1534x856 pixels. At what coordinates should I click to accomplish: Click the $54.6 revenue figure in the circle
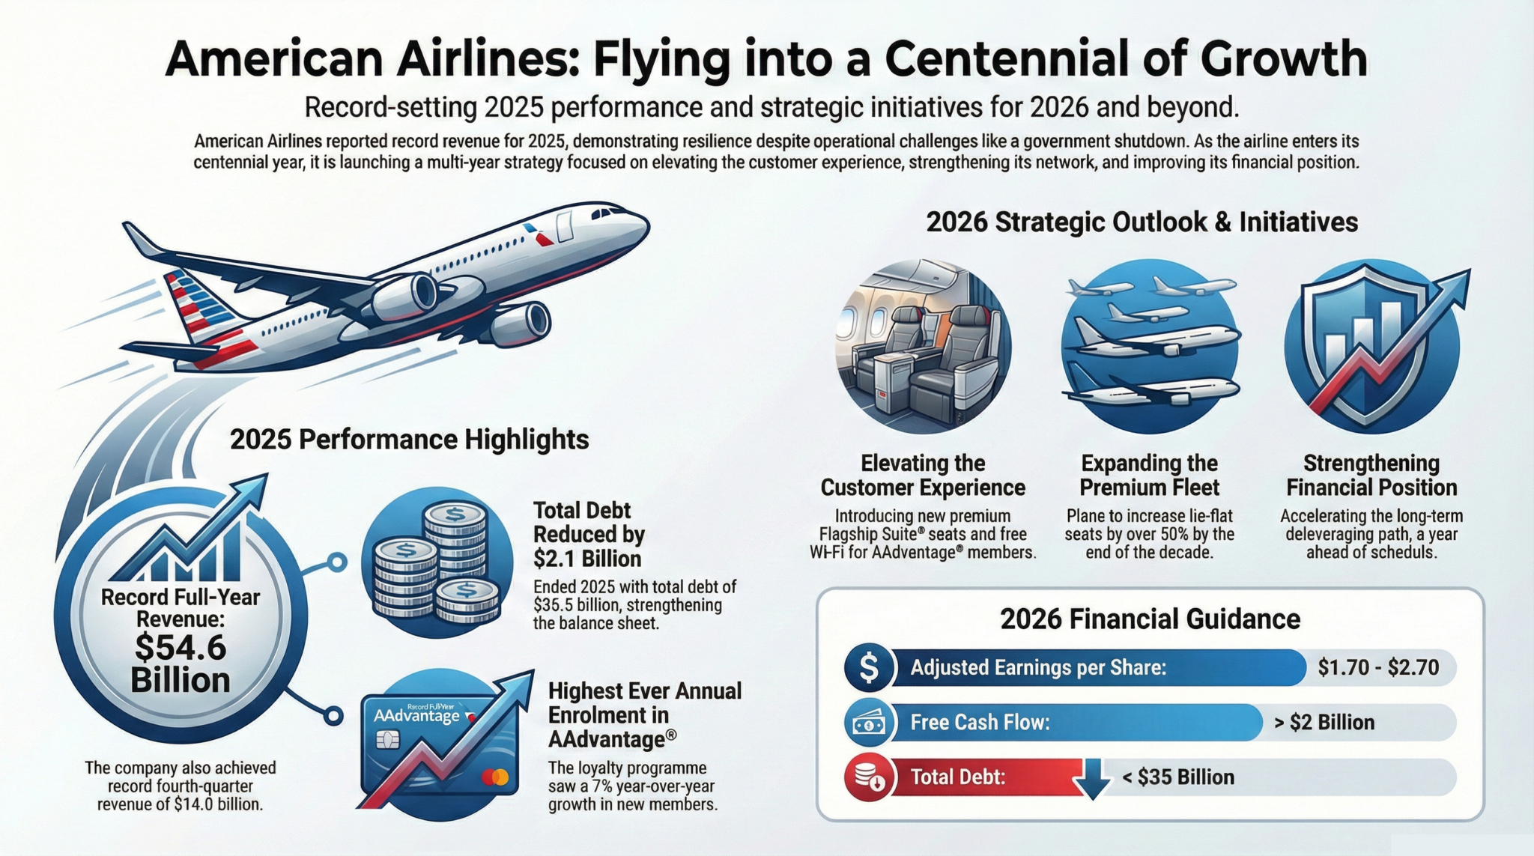coord(181,647)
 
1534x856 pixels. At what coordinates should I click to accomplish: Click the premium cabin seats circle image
coord(923,346)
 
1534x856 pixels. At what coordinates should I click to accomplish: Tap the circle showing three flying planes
coord(1149,346)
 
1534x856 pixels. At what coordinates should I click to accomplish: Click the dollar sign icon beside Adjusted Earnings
coord(869,667)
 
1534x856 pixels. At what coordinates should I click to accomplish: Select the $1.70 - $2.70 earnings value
coord(1378,667)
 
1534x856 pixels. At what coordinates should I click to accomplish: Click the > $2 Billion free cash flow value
coord(1324,723)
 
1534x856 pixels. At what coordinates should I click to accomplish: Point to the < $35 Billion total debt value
coord(1178,777)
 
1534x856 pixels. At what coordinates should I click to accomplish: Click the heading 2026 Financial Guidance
coord(1150,619)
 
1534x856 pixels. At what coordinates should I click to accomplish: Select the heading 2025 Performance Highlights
coord(409,440)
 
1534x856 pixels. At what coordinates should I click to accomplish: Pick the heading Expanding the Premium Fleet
coord(1149,475)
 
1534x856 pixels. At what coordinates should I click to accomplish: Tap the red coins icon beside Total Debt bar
coord(869,777)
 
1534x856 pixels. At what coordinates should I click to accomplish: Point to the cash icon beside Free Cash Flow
coord(869,723)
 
